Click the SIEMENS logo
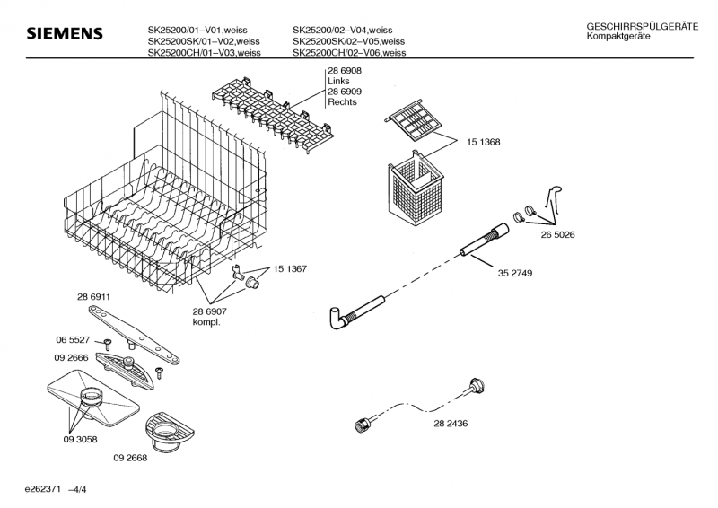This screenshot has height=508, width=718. tap(65, 33)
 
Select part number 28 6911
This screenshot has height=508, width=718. tap(93, 297)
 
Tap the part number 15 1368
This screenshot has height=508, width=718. tap(483, 142)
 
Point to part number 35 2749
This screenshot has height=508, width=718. tap(515, 273)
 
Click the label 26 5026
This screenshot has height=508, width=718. tap(557, 234)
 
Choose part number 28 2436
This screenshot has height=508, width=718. tap(451, 424)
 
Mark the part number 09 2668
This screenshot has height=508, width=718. tap(130, 458)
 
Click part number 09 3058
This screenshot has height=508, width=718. tap(80, 439)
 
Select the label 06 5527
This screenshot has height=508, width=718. tap(73, 340)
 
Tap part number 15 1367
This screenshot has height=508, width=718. tap(290, 269)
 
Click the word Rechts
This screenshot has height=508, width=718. tap(342, 102)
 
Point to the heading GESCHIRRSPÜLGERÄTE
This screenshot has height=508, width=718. tap(643, 27)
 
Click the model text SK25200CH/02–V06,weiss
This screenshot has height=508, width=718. tap(349, 53)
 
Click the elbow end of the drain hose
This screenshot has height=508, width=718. tap(337, 318)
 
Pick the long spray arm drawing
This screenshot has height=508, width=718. tap(134, 334)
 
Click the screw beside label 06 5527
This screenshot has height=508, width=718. tap(108, 344)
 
